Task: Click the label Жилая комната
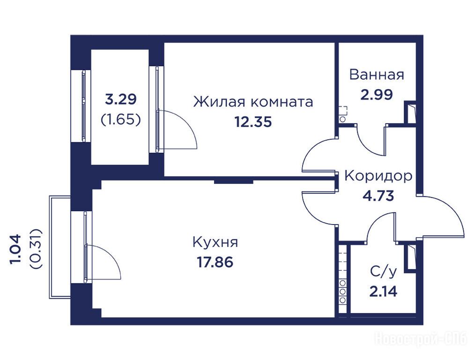tap(253, 102)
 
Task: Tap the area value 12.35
tap(253, 122)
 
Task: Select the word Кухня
tap(215, 242)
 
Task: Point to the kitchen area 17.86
tap(215, 262)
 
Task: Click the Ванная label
tap(377, 75)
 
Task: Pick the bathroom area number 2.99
tap(377, 94)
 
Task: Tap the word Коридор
tap(378, 176)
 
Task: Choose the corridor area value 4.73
tap(378, 196)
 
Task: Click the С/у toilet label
tap(383, 272)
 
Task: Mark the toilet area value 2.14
tap(383, 292)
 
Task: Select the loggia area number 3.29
tap(121, 99)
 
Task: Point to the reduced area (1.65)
tap(121, 120)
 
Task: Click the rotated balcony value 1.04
tap(16, 249)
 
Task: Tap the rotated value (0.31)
tap(36, 249)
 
